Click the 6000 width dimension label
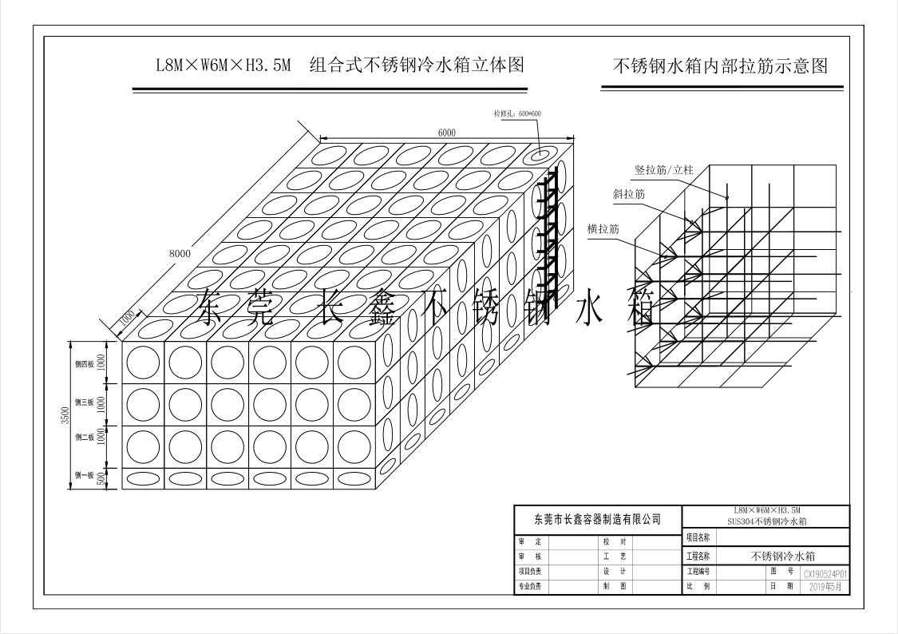point(446,132)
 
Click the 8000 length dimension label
point(180,253)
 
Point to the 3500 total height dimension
point(66,416)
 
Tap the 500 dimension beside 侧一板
point(101,478)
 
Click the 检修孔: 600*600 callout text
point(517,114)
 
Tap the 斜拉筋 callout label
point(629,194)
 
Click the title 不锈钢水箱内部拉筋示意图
point(719,66)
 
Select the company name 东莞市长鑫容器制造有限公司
point(598,519)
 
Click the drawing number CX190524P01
point(825,573)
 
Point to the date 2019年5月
point(825,587)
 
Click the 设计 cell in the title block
point(619,572)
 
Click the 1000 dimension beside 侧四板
point(101,363)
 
